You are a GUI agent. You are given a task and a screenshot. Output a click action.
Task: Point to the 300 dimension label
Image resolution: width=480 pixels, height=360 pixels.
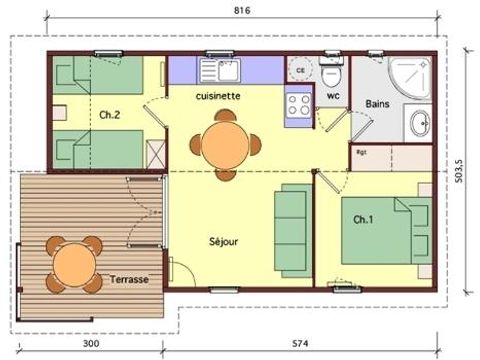91,344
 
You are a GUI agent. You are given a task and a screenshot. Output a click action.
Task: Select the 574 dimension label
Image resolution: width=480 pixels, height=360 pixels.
311,344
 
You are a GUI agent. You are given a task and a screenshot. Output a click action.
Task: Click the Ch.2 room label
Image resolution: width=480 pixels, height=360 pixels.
110,116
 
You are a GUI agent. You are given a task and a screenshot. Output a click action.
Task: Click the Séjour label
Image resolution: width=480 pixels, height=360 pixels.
224,241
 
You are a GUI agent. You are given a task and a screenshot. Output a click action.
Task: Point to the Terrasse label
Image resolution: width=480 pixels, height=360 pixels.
130,279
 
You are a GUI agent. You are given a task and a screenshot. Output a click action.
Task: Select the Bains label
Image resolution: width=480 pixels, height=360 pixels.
377,103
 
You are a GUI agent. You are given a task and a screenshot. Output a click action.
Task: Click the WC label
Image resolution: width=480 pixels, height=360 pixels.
333,96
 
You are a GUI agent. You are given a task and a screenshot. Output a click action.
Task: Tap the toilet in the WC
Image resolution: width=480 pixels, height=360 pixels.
333,75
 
